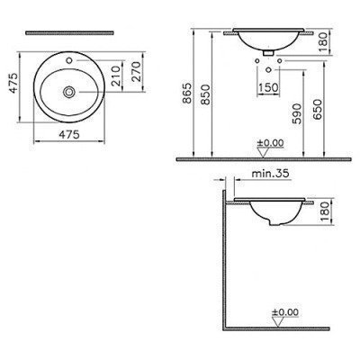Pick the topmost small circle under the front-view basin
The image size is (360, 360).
[270, 52]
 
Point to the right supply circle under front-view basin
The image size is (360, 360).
[280, 62]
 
